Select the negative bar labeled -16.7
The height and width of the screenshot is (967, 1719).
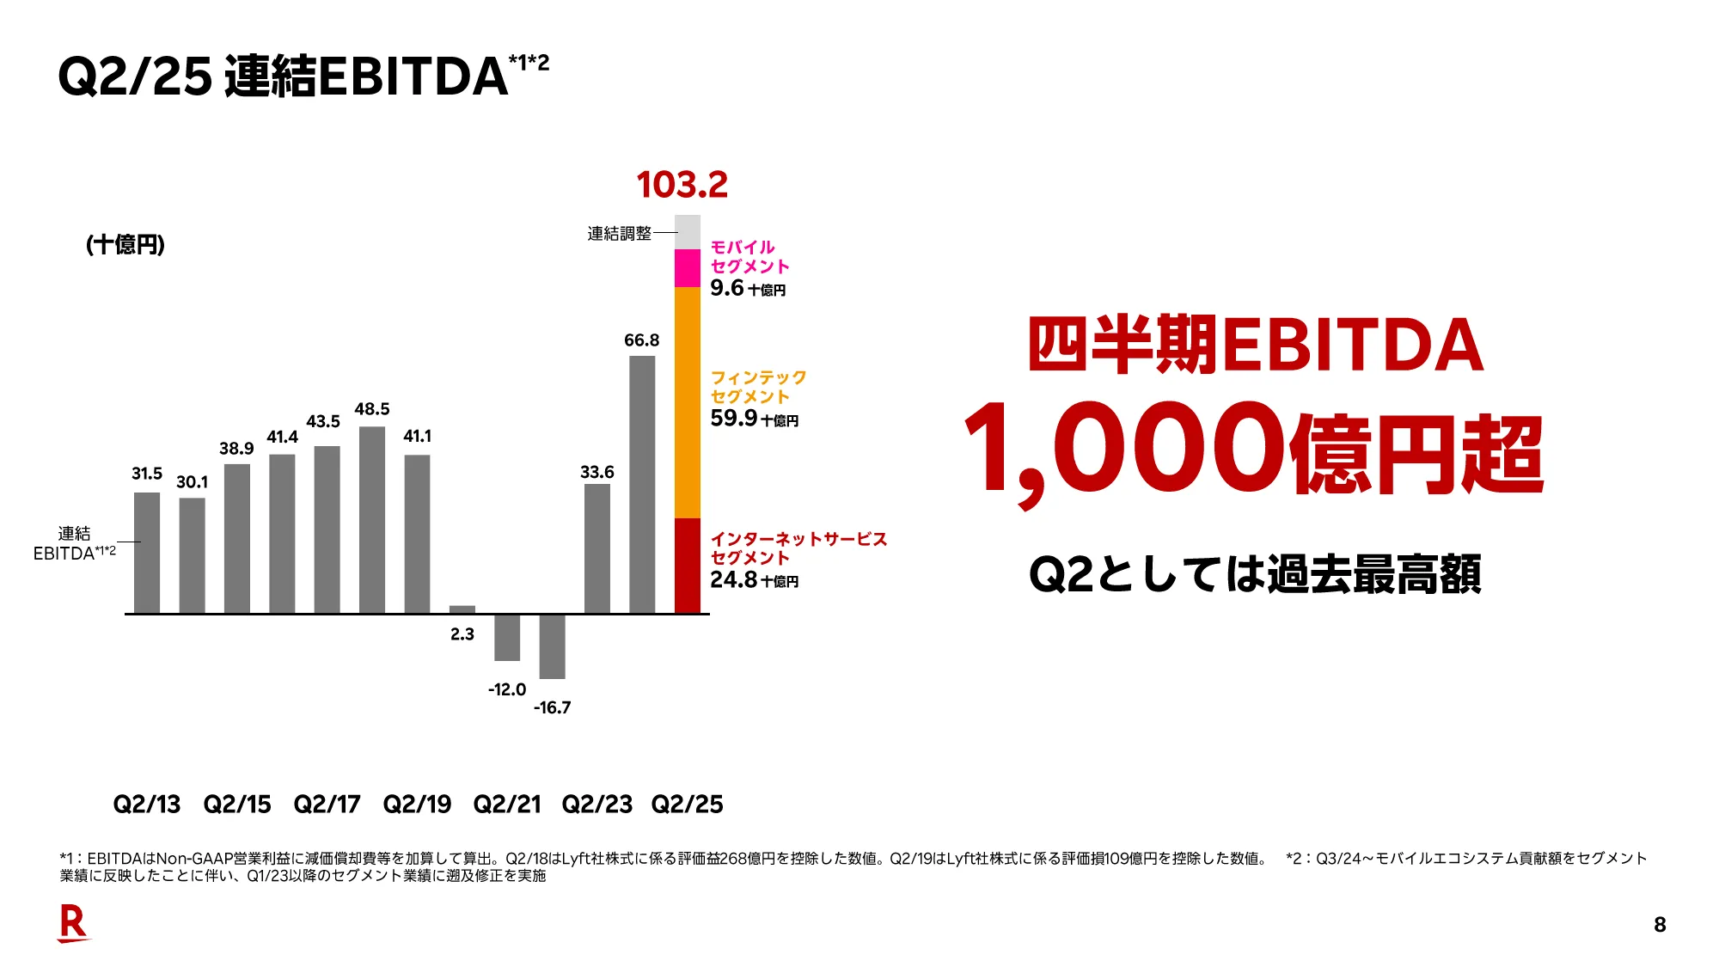(552, 646)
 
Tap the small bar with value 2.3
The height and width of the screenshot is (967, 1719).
(462, 609)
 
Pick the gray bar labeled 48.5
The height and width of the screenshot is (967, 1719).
(372, 519)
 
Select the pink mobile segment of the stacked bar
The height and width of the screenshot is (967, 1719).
(688, 268)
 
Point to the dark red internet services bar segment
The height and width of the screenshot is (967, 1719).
(688, 565)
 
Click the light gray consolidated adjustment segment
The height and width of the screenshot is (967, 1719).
(688, 232)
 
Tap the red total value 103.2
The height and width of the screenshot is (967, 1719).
(682, 185)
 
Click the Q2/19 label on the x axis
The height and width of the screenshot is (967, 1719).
(417, 805)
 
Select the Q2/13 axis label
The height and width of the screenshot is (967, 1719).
(147, 805)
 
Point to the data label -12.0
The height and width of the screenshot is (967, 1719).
(507, 689)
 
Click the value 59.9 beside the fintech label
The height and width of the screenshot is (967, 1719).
(733, 419)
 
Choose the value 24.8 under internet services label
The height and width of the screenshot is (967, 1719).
(733, 580)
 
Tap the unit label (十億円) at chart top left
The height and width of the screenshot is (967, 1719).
(125, 245)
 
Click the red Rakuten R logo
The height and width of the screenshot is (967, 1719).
(73, 923)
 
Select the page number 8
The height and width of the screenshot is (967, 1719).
(1660, 925)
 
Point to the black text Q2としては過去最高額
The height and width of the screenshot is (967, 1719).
(1255, 574)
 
